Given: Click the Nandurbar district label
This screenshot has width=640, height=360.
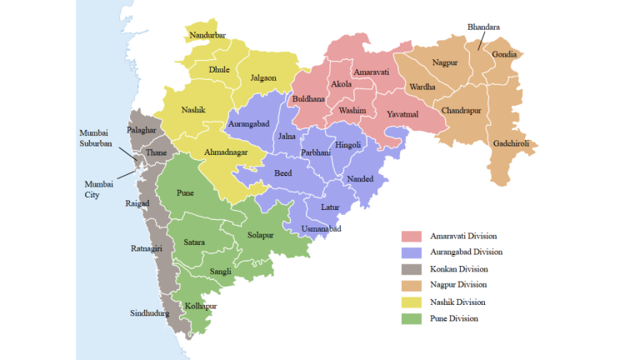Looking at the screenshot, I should point(208,35).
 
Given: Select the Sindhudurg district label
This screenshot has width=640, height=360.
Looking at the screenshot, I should point(149,313).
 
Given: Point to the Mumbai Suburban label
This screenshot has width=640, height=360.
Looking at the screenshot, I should point(95,138).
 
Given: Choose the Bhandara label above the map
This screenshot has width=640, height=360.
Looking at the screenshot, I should point(483,27).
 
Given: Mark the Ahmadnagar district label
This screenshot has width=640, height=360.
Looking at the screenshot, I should point(227,153).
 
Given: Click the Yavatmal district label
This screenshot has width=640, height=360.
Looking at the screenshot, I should point(402,113).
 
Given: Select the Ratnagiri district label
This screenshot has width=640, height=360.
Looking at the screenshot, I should point(147,247).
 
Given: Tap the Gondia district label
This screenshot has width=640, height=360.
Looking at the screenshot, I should point(504,55).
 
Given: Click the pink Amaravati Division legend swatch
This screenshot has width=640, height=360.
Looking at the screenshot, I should point(412,236).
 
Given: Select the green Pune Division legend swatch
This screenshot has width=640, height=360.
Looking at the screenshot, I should point(412,318).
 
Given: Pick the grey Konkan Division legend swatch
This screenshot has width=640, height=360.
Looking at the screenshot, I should point(412,268).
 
